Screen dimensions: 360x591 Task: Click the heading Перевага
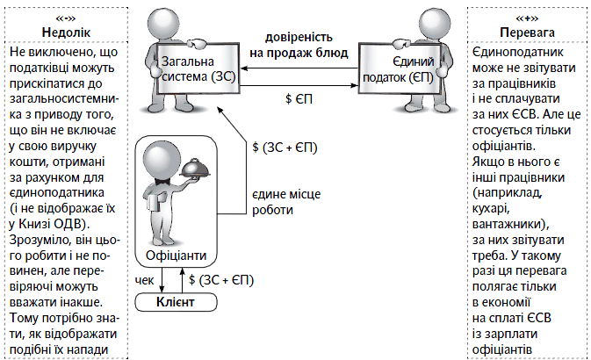click(527, 33)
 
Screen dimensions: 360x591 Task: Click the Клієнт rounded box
click(176, 303)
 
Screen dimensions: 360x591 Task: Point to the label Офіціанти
click(177, 256)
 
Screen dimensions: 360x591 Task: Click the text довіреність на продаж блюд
click(299, 45)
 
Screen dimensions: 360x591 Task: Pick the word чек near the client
click(145, 280)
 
